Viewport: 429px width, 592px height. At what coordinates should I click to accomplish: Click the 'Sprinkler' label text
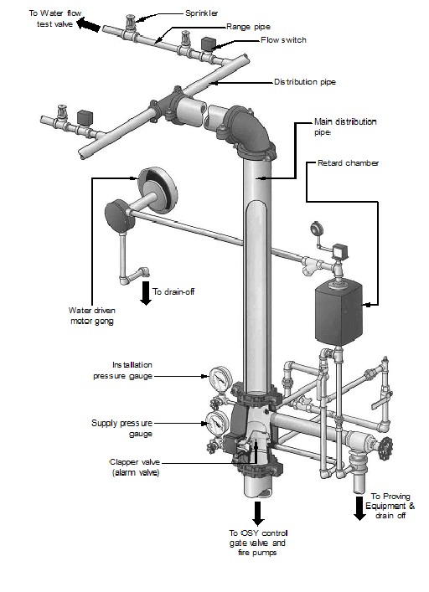(x=202, y=14)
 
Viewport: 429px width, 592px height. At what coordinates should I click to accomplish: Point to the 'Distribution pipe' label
(x=306, y=82)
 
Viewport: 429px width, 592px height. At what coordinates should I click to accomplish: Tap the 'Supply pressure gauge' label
(x=123, y=429)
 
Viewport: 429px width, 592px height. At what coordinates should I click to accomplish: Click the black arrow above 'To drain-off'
(x=145, y=292)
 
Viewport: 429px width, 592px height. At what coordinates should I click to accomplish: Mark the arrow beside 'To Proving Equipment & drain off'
(x=359, y=507)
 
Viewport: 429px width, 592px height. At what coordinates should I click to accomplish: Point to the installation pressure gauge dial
(x=220, y=378)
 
